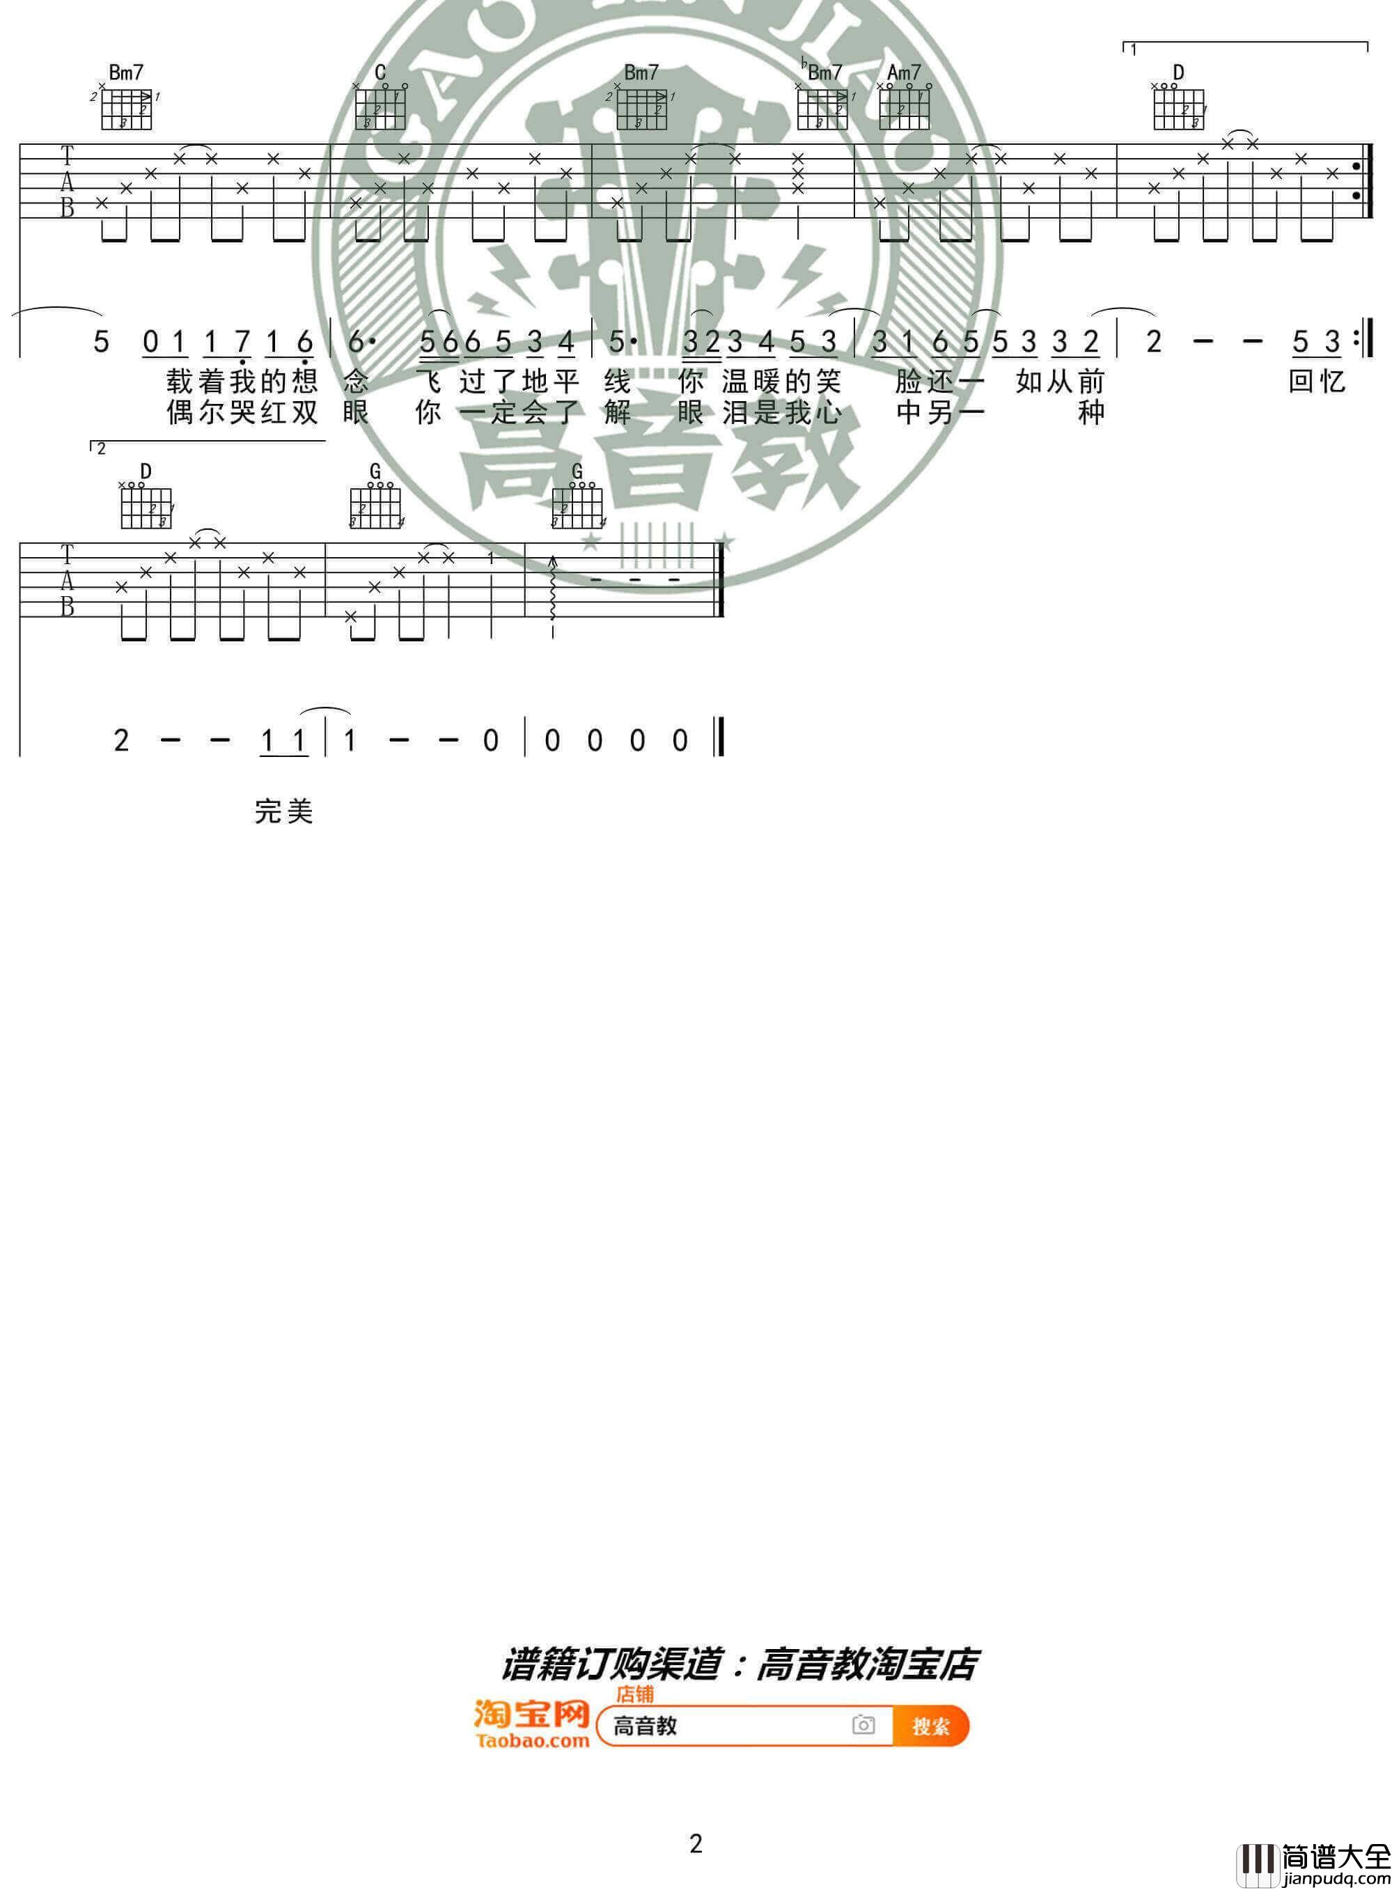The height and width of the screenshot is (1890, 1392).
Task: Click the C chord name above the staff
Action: click(x=380, y=73)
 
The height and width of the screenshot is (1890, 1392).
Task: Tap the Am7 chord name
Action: click(x=904, y=73)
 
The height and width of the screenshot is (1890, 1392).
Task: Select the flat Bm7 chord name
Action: click(x=822, y=72)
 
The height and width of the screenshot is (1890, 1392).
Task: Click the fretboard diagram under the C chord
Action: click(x=380, y=108)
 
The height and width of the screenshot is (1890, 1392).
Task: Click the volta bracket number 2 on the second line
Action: click(x=101, y=449)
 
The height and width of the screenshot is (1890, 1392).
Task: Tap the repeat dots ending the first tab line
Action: click(x=1356, y=181)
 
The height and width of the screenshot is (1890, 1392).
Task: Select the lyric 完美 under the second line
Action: click(x=284, y=811)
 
